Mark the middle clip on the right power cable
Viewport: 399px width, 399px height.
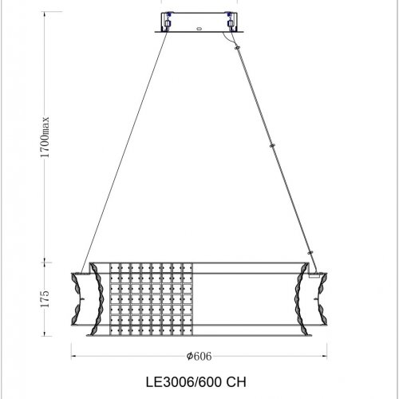click(274, 146)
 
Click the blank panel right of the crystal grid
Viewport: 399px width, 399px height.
click(239, 299)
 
